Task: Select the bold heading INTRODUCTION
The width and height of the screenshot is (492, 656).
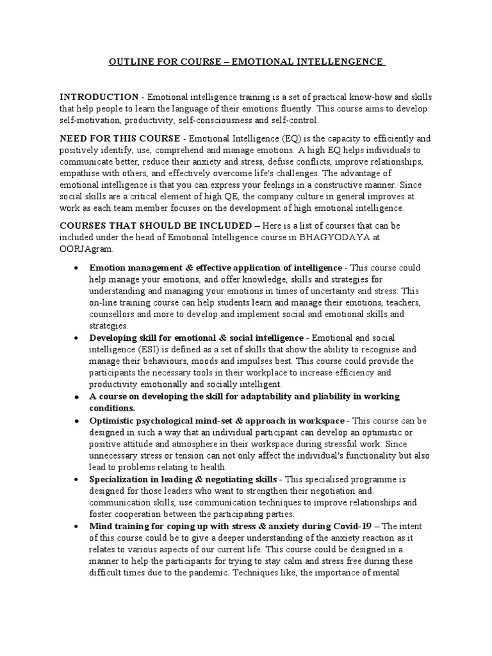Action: [99, 97]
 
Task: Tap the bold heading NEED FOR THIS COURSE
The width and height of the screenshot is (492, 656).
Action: [120, 138]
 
